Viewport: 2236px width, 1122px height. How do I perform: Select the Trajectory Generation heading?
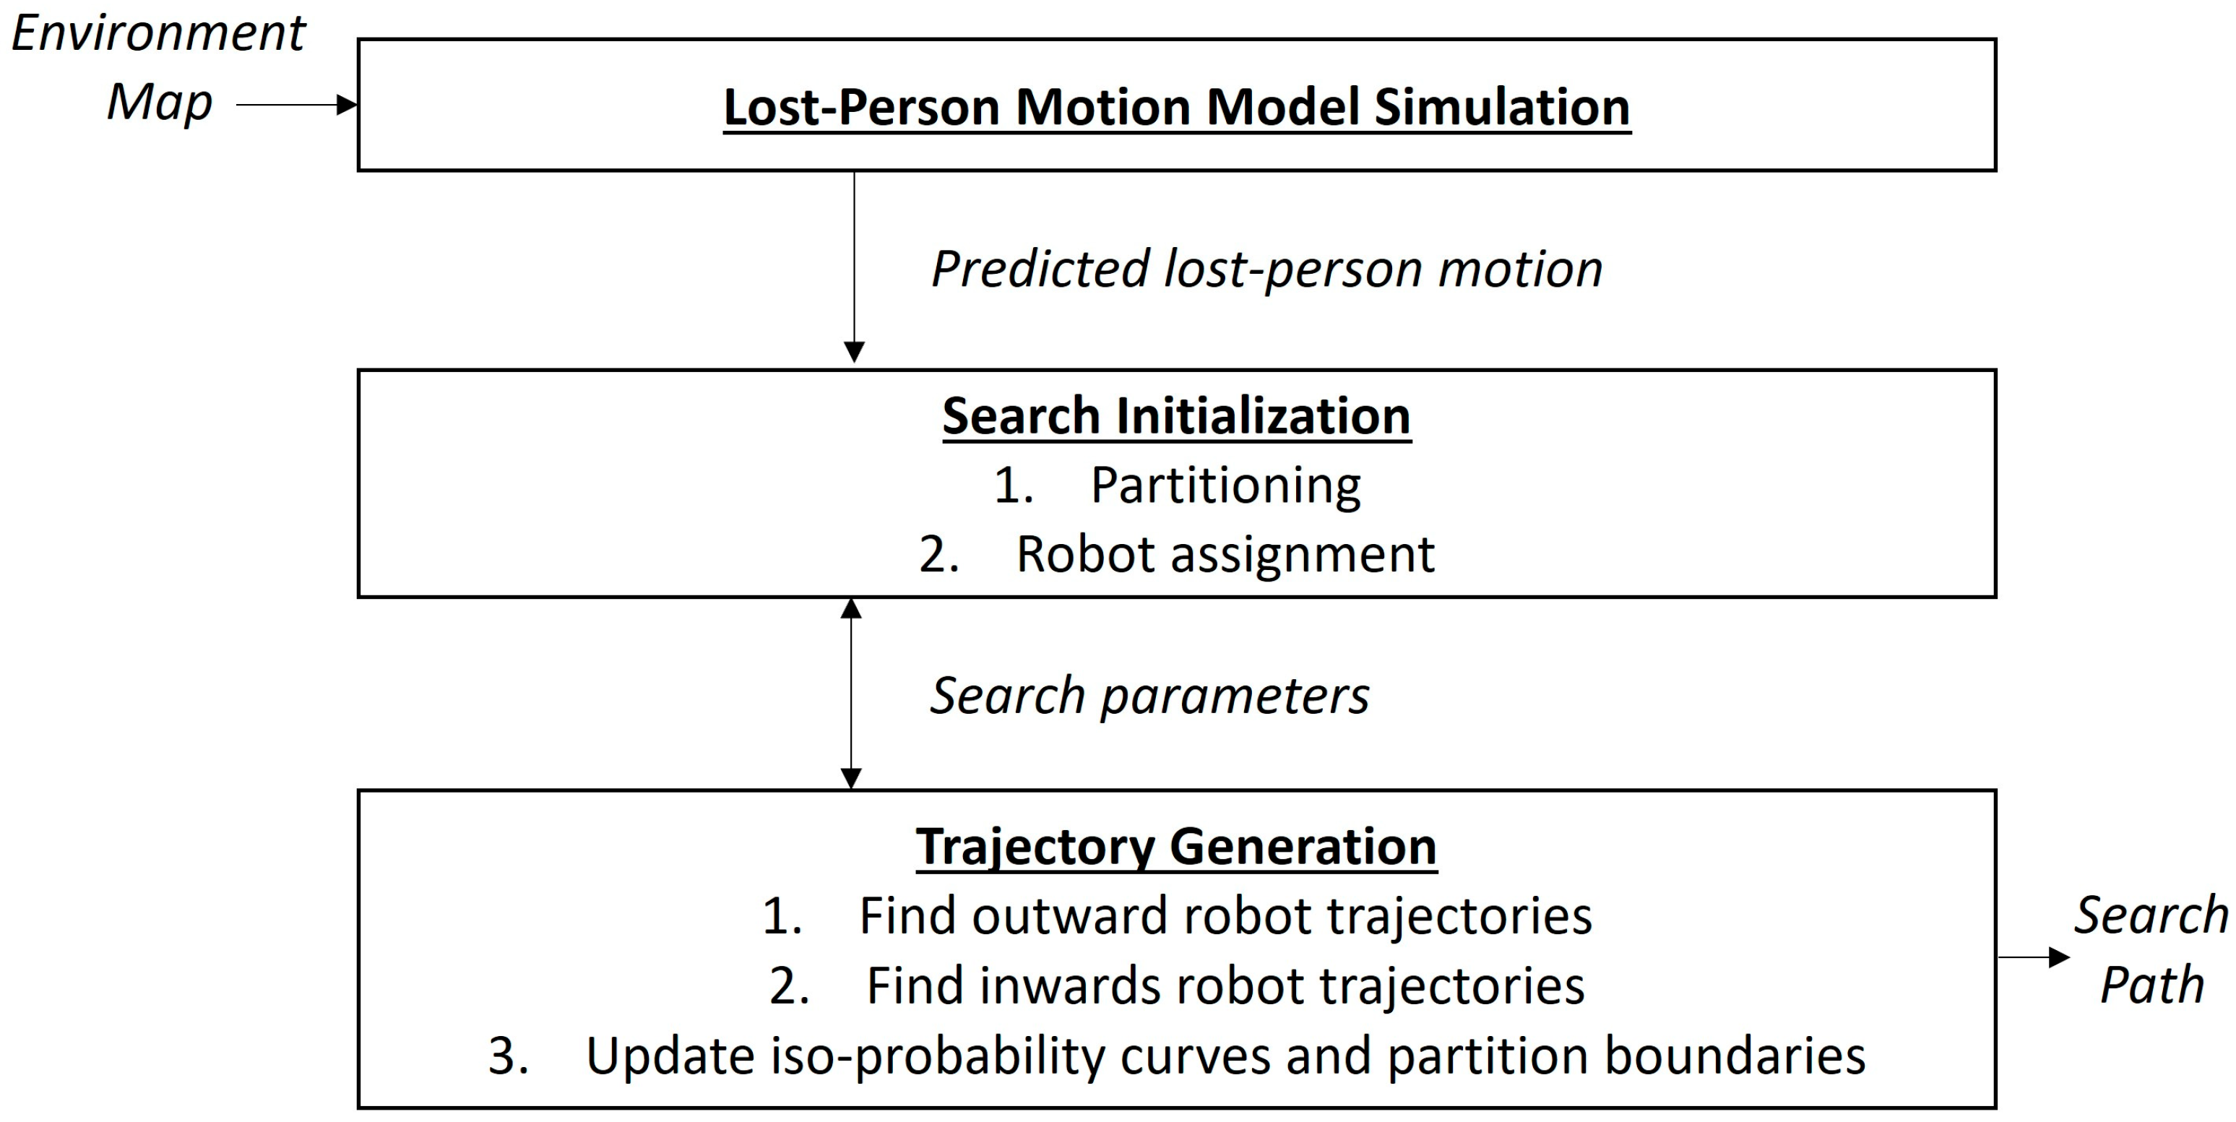(x=1176, y=846)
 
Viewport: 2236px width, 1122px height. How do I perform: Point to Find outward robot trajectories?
(x=1225, y=915)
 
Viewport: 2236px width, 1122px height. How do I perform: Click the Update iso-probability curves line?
(x=1225, y=1056)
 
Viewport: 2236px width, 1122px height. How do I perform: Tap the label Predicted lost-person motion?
(x=1266, y=269)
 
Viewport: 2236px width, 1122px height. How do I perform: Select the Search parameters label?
(x=1149, y=696)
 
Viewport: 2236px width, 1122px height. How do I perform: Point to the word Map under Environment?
(x=160, y=103)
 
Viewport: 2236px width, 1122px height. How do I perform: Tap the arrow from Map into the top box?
(x=295, y=105)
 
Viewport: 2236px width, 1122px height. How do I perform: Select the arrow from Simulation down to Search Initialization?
(x=854, y=264)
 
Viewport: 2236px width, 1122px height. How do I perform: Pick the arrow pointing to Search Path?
(x=2033, y=957)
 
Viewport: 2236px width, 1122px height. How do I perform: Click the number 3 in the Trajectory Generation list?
(x=508, y=1056)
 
